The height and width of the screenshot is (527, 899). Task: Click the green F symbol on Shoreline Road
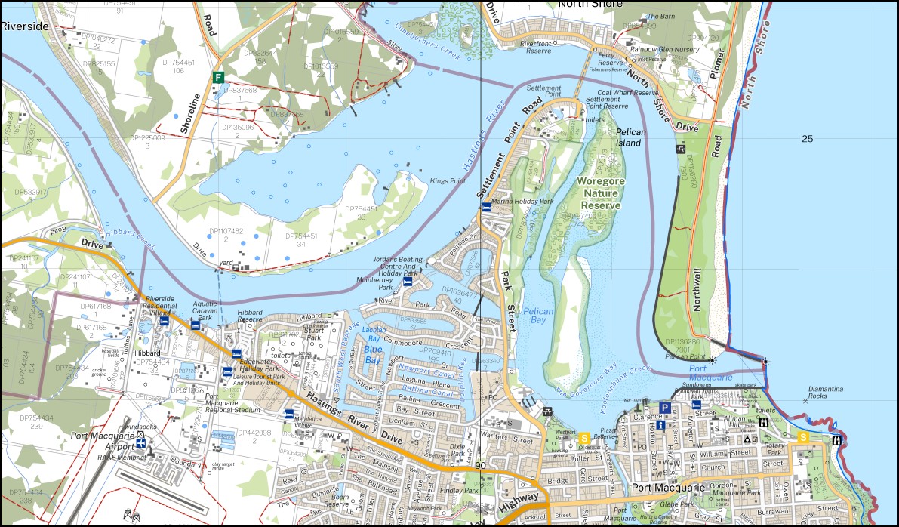coord(218,77)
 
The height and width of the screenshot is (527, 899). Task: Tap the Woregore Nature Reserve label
coord(600,193)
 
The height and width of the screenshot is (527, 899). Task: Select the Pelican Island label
coord(630,137)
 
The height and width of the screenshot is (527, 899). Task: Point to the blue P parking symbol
coord(665,408)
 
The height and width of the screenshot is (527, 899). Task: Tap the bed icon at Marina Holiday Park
coord(486,205)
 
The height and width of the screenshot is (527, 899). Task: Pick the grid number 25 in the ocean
coord(808,138)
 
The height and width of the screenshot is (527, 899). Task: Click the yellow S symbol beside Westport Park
coord(583,437)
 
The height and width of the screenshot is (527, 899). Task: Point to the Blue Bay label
coord(374,354)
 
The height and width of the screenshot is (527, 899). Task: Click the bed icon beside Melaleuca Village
coord(288,414)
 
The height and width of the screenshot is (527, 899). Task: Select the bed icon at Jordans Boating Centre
coord(408,281)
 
